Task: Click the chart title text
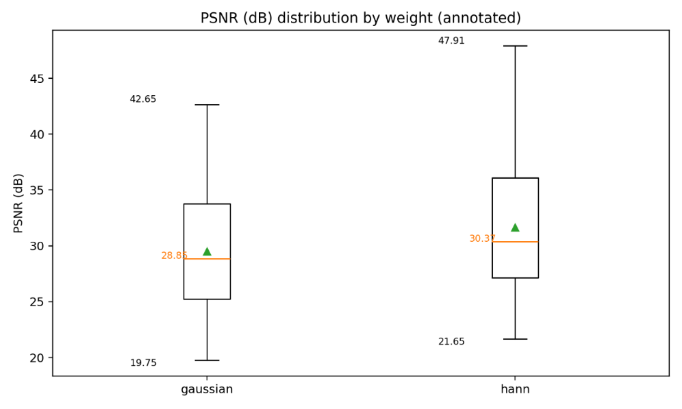[360, 18]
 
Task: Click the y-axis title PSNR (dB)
[19, 203]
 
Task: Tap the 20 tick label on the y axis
[37, 358]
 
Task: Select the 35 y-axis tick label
[37, 190]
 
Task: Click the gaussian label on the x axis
[207, 390]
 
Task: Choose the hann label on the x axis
[515, 390]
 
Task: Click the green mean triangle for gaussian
[207, 251]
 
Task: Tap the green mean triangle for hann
[515, 227]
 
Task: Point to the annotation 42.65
[143, 99]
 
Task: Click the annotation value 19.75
[143, 363]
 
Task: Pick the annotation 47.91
[451, 41]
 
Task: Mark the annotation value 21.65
[451, 342]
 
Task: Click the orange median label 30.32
[482, 238]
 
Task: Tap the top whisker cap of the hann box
[515, 46]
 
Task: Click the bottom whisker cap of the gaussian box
[207, 360]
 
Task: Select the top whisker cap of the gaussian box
[207, 105]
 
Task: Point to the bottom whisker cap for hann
[515, 339]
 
